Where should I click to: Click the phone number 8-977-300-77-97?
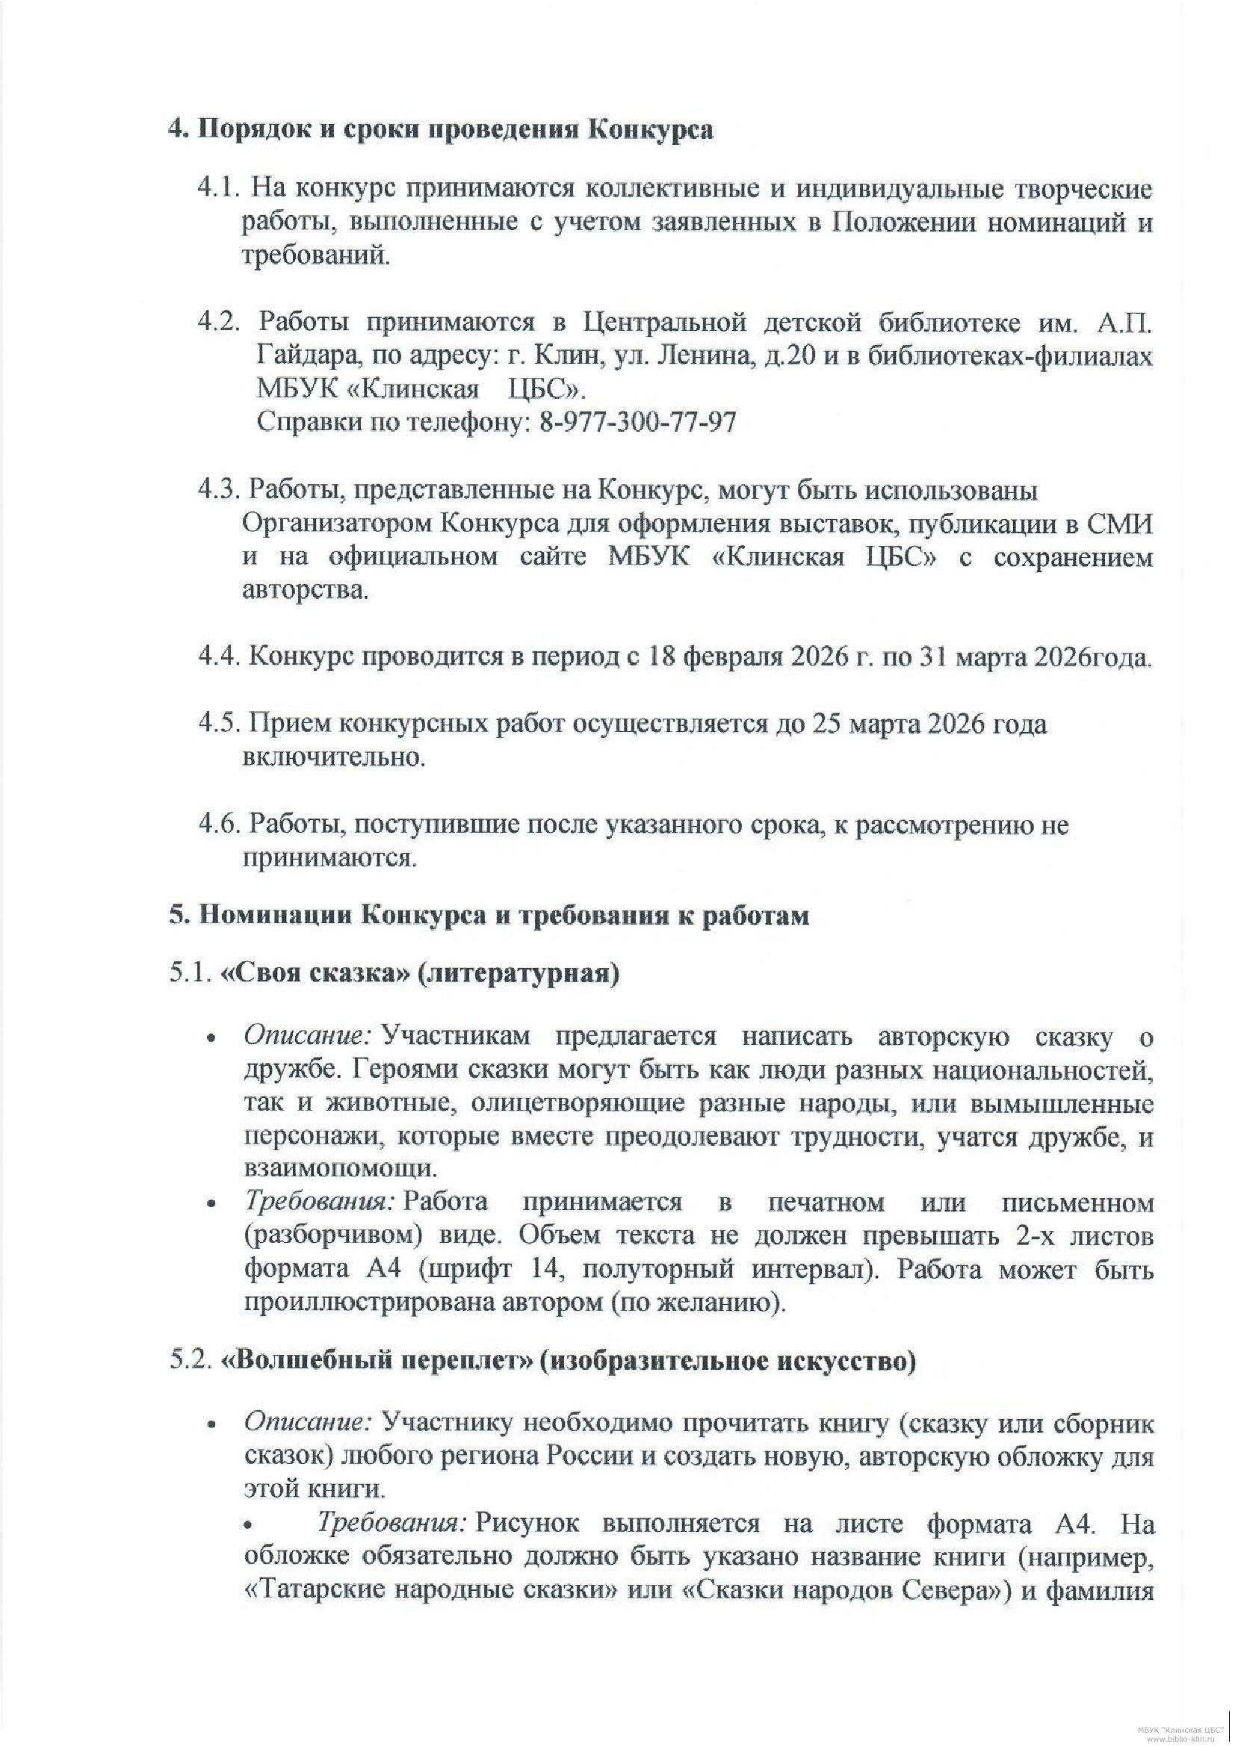637,421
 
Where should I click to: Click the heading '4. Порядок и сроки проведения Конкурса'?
441,129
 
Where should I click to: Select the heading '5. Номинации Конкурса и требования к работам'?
489,916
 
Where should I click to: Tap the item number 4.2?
218,323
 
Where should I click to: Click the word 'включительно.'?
333,758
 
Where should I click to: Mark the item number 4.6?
220,825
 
